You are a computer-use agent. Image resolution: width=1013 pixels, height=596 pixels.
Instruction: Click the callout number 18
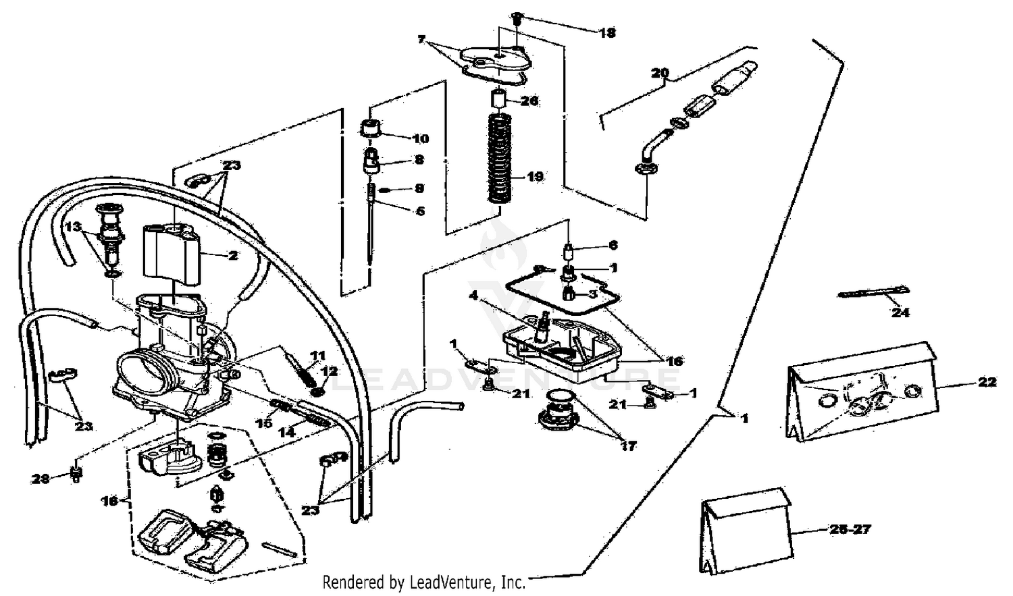607,32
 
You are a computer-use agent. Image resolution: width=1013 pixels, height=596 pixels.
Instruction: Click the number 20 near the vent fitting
660,73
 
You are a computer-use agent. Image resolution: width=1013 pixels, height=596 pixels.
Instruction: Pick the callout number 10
420,139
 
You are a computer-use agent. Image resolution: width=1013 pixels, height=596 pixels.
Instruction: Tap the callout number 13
74,225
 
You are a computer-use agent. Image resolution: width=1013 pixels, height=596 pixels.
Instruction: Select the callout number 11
317,356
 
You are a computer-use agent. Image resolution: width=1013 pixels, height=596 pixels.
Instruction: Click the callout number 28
41,479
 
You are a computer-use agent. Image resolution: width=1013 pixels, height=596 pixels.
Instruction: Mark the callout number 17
628,445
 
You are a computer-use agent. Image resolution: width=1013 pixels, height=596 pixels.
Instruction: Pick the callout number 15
263,423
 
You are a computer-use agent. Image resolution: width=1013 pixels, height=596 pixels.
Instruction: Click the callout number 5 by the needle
420,211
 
